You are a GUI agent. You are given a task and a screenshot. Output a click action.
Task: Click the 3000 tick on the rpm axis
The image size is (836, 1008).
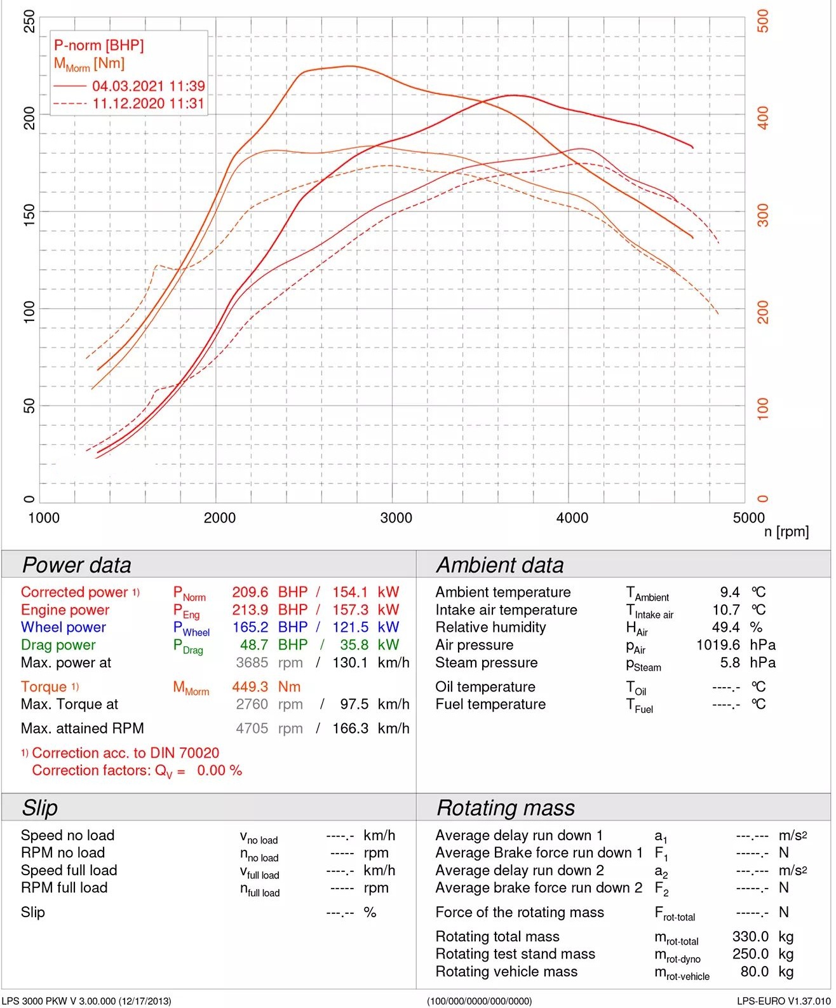pos(396,518)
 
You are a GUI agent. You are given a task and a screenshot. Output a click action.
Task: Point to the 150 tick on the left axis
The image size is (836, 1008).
pos(29,212)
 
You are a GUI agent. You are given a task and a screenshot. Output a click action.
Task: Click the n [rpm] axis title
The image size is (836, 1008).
pos(786,532)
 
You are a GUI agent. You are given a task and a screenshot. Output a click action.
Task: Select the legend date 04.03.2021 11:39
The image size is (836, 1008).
pos(148,86)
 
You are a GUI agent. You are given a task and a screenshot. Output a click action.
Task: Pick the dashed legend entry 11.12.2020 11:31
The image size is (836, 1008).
pos(148,104)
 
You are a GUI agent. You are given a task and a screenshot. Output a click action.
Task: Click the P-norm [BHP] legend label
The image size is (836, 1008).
pos(98,45)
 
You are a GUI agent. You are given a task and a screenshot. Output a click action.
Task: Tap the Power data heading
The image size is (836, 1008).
pos(76,565)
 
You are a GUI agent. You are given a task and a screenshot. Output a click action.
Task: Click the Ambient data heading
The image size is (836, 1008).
pos(499,565)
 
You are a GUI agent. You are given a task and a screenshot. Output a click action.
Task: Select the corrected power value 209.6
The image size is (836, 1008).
pos(250,592)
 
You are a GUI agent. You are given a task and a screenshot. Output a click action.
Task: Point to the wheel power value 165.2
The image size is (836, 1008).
pos(250,627)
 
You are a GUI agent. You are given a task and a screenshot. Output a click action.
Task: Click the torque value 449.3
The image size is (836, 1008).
pos(250,687)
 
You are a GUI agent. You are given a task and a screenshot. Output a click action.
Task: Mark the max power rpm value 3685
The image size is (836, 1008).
pos(252,663)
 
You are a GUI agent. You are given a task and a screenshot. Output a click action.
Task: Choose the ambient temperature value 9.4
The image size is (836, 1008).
pos(729,592)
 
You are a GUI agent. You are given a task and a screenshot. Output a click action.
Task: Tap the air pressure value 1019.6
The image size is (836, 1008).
pos(718,645)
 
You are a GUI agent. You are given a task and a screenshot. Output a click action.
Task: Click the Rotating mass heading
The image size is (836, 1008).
pos(506,808)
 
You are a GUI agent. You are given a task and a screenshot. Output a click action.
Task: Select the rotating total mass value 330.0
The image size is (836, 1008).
pos(750,937)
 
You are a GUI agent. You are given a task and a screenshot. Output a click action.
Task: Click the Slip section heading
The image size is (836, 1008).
pos(39,808)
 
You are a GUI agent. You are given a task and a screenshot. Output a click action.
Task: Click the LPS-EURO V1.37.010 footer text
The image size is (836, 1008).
pos(783,1001)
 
